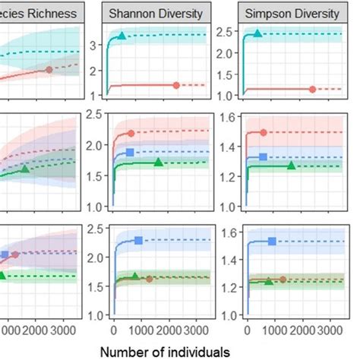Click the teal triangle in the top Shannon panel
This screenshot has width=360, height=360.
(122, 36)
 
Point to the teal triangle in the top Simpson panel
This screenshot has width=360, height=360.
(257, 33)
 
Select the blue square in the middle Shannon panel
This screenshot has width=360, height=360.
(130, 153)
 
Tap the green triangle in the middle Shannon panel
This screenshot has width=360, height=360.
(158, 162)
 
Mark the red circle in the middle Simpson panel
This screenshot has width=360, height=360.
(264, 132)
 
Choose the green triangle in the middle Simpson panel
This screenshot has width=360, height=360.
(291, 165)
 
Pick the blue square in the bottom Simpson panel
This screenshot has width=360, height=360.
(272, 241)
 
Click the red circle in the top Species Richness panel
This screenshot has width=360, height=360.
(49, 70)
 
